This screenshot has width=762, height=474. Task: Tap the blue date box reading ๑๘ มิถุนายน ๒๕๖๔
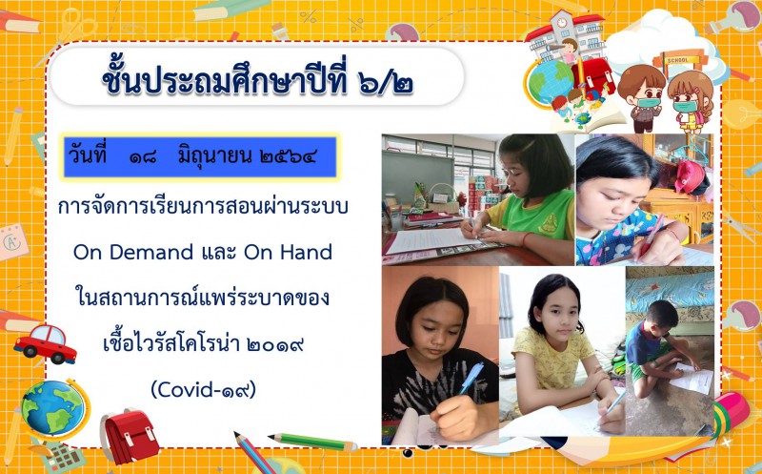tap(200, 157)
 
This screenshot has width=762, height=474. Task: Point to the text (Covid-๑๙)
tap(203, 389)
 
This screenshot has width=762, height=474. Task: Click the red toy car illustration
tap(45, 343)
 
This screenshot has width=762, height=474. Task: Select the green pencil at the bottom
tap(313, 442)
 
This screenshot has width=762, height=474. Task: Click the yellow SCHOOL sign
tap(678, 60)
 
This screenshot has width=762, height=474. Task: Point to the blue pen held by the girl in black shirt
tap(471, 378)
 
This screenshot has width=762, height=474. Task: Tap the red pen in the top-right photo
tap(652, 237)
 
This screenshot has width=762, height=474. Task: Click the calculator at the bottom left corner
tap(63, 457)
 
